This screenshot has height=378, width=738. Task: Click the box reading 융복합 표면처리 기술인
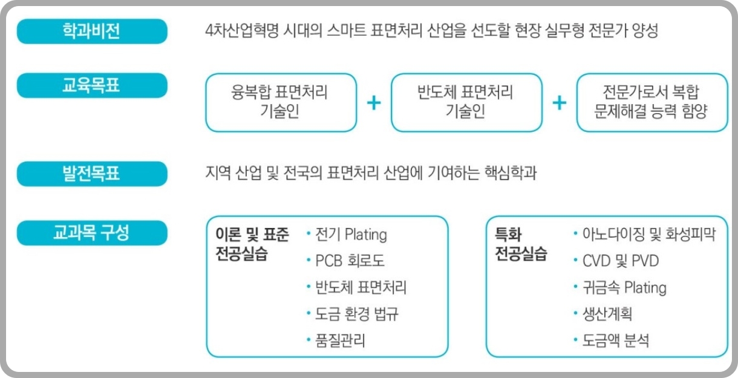[281, 102]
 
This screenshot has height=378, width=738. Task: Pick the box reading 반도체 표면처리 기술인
[466, 102]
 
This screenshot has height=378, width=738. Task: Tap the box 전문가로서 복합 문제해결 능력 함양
[651, 102]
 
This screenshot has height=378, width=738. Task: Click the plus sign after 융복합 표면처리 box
[374, 103]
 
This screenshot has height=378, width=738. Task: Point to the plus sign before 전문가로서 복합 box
[560, 103]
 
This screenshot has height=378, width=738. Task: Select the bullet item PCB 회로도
[350, 261]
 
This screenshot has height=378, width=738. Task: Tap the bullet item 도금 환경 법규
[357, 314]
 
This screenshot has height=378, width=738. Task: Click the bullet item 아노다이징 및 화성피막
[648, 235]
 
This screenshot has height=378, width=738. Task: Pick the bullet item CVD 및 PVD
[621, 261]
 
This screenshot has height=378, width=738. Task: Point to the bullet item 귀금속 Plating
[624, 287]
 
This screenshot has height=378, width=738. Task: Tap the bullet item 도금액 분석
[616, 341]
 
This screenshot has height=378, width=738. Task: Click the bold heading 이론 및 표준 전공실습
[252, 244]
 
